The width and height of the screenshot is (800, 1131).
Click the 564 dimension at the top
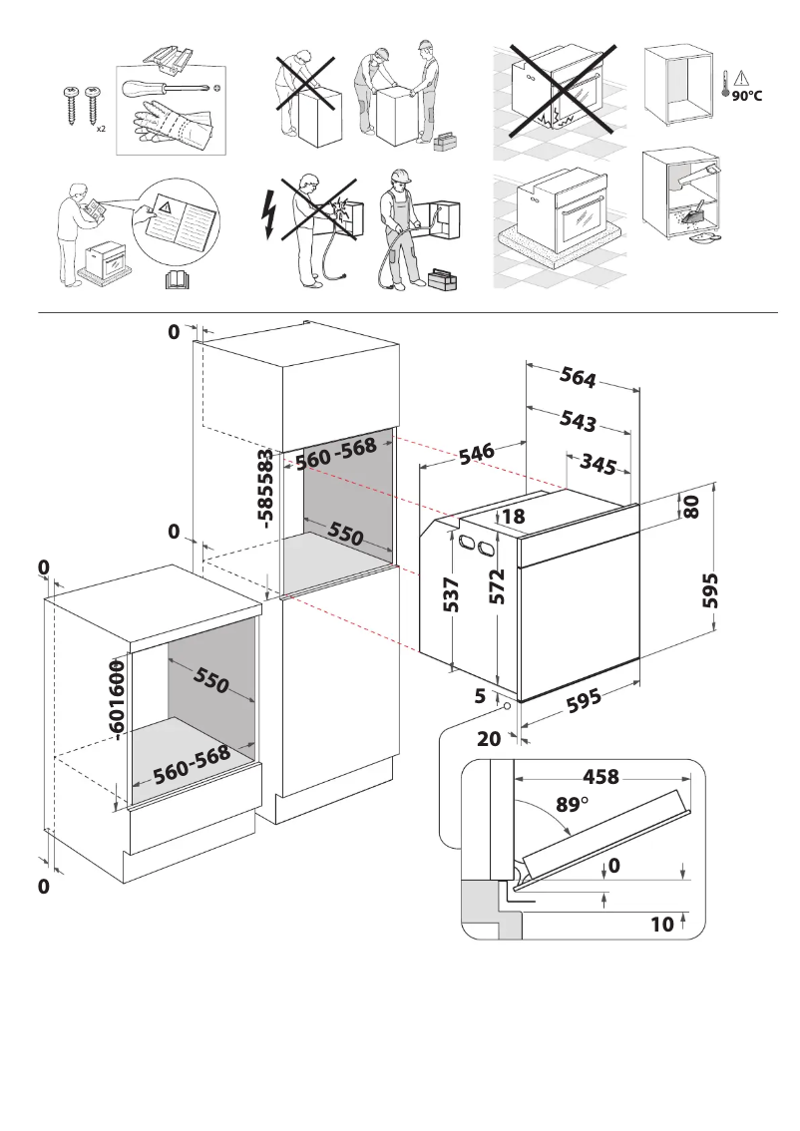[578, 377]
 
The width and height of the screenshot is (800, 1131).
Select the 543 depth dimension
[578, 420]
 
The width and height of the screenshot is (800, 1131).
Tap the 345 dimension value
[598, 464]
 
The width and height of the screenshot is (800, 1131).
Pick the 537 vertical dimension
[451, 595]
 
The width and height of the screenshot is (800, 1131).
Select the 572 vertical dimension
[497, 586]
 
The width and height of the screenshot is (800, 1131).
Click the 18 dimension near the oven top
[514, 517]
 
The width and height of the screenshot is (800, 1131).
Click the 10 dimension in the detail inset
[661, 925]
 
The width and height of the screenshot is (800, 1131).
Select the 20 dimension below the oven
[489, 739]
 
